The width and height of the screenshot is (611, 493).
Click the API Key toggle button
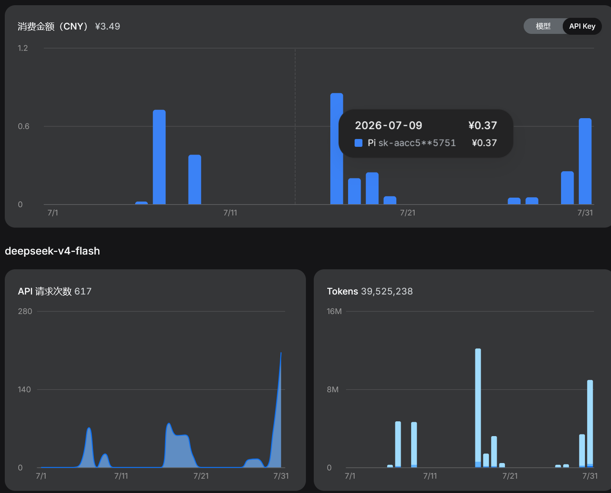point(582,26)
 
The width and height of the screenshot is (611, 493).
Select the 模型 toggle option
point(543,26)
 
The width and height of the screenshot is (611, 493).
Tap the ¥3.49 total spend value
point(108,26)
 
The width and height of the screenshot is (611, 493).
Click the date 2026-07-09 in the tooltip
point(389,126)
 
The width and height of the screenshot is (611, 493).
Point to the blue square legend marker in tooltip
point(358,143)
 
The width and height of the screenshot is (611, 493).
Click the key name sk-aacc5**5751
point(417,143)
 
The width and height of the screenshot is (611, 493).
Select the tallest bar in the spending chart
point(336,149)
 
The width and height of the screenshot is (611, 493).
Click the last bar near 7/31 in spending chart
point(585,161)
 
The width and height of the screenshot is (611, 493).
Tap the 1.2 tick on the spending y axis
point(23,48)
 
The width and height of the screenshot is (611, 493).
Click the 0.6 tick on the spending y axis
point(23,126)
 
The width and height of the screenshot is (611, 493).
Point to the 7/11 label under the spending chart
point(230,213)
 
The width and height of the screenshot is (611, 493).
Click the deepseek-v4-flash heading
point(53,251)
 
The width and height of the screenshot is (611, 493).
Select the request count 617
point(83,291)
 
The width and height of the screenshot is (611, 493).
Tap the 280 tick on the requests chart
point(25,311)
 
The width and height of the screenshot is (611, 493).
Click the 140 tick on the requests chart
point(24,390)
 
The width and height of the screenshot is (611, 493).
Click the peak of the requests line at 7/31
point(281,353)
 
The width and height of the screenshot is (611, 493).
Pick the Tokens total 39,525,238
point(387,291)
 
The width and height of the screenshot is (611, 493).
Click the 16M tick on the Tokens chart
point(334,311)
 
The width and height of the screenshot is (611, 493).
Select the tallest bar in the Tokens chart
point(478,408)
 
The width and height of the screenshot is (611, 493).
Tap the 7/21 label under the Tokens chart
point(510,476)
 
